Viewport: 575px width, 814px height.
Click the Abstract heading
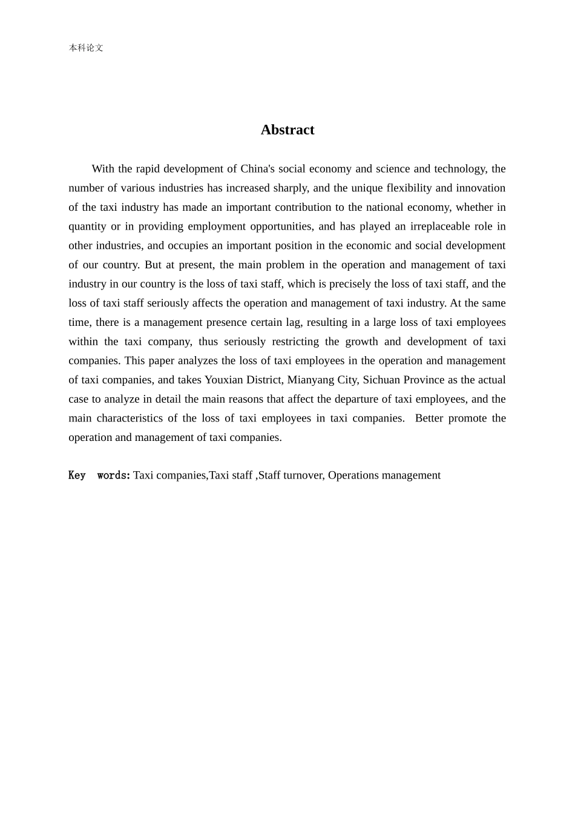(287, 130)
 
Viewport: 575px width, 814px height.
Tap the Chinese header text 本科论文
(86, 48)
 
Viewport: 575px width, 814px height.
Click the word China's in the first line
(258, 168)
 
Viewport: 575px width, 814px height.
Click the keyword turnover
(303, 475)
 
